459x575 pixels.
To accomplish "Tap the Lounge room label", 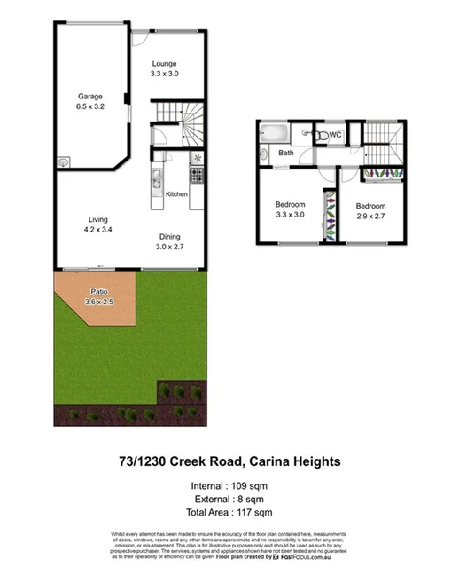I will click(164, 63).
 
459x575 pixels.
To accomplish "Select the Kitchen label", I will click(176, 193).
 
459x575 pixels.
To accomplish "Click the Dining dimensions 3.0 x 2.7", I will click(171, 247).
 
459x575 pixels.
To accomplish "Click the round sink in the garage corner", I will click(64, 162).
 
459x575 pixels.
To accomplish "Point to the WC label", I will click(336, 135).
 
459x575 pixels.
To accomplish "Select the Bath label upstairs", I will click(286, 153).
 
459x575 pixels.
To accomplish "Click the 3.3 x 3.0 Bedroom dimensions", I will click(290, 215).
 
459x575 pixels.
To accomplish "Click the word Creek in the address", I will click(203, 461).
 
